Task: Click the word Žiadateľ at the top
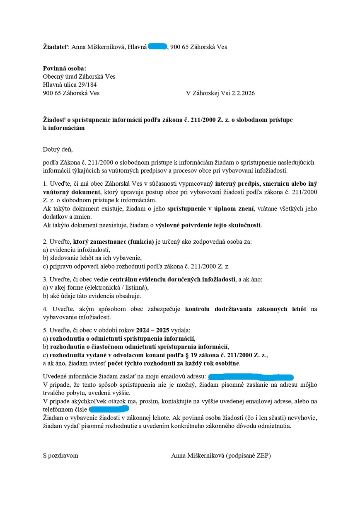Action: [56, 47]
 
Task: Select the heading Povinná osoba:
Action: [65, 68]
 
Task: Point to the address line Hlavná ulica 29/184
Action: [70, 85]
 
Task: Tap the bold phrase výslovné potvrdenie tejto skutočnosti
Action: [208, 225]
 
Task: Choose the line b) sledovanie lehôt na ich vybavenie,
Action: [92, 258]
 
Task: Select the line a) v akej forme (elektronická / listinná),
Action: [96, 288]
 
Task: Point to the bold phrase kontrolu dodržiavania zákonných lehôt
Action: [246, 309]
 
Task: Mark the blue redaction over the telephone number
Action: [109, 410]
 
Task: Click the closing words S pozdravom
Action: [60, 456]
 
